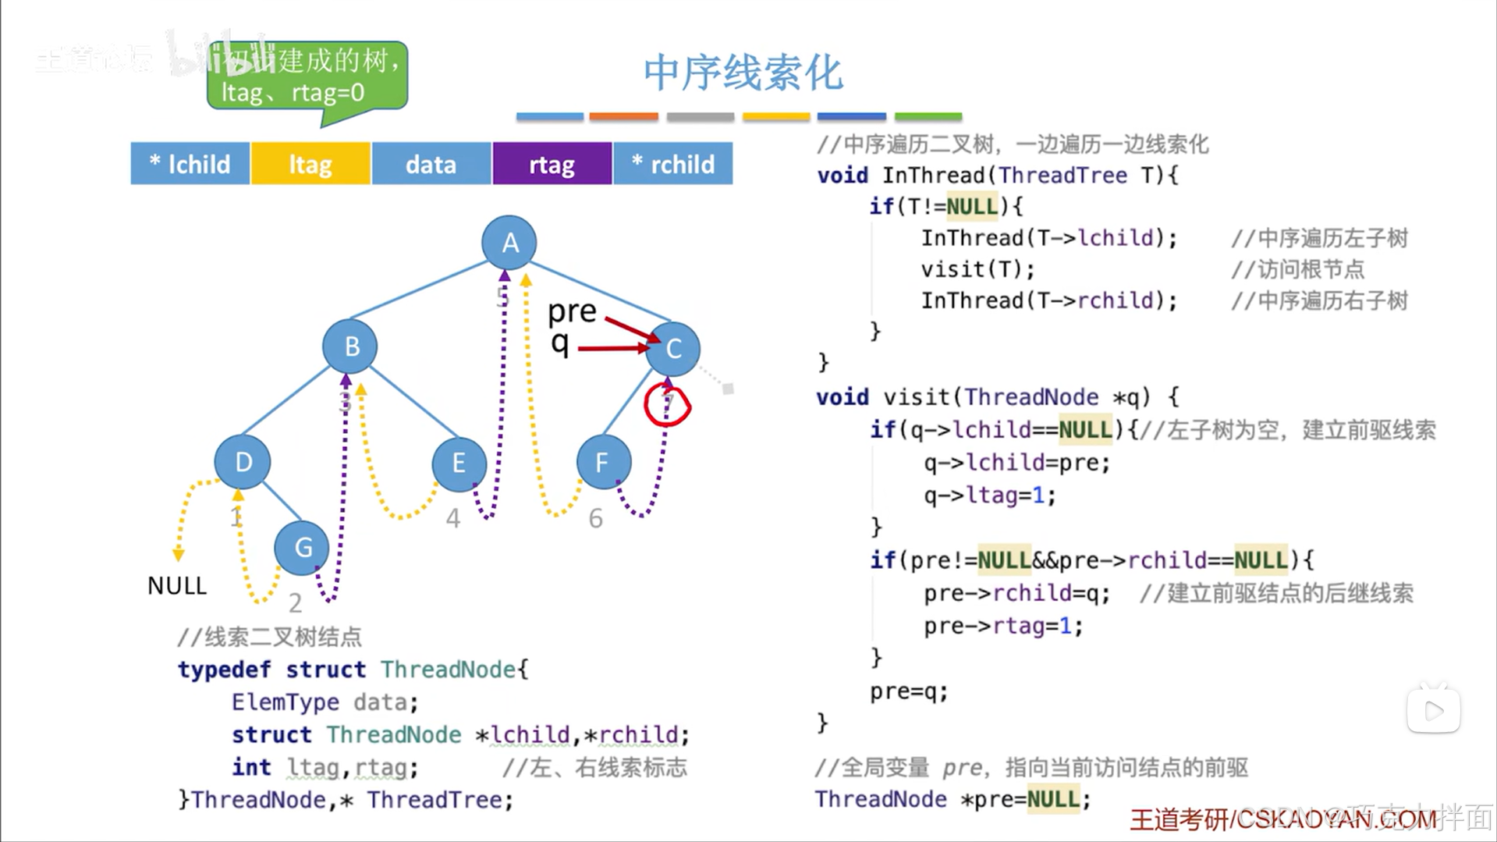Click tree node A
509,243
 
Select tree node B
350,346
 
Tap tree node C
673,348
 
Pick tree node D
243,462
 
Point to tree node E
459,463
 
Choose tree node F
603,463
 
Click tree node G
302,548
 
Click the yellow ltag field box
310,164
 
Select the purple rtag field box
552,164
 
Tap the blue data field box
431,164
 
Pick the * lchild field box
190,164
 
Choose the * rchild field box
673,164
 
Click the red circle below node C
667,405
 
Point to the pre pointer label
572,311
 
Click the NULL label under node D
177,586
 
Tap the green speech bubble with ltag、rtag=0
307,77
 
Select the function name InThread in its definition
932,176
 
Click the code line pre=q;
909,691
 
